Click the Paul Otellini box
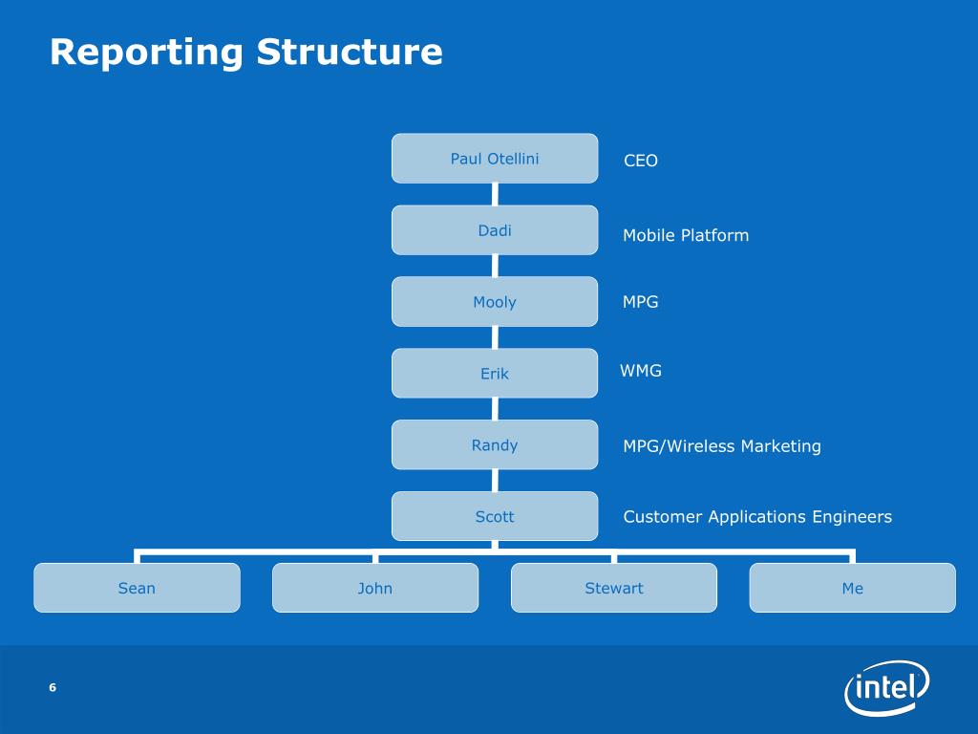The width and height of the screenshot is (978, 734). point(495,159)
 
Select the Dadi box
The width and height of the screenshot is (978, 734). point(495,230)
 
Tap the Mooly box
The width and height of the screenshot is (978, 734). point(495,301)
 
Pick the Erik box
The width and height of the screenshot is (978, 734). point(495,374)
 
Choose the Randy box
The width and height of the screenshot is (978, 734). point(495,445)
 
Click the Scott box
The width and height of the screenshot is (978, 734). point(495,516)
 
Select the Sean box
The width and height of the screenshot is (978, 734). point(138,588)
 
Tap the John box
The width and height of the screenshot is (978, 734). point(375,588)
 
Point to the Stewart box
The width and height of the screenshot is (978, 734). point(614,588)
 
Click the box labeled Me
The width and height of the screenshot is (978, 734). point(853,588)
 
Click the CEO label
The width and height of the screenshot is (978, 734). point(641,161)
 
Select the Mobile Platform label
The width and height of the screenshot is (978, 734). point(686,235)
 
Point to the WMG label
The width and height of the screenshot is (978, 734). point(641,371)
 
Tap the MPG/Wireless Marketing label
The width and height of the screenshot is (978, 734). point(722,446)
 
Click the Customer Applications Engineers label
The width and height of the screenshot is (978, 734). point(757,517)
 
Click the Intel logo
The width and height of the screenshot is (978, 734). point(887,688)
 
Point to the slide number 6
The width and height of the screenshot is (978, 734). point(53,687)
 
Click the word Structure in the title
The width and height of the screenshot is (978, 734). point(350,52)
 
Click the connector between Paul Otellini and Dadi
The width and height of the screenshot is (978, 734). point(496,194)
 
